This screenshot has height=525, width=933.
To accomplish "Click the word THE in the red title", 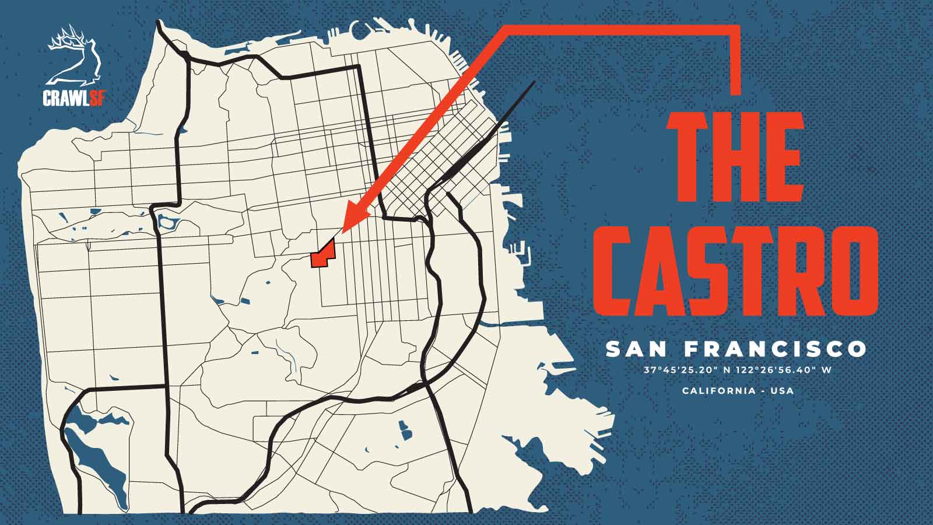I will pos(736,156).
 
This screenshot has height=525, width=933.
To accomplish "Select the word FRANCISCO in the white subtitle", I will pos(775,349).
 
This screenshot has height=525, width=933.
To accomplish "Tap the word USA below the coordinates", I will pos(782,390).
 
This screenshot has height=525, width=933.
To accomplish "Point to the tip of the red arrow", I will pos(342,232).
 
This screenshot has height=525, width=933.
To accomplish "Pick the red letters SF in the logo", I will pos(97,98).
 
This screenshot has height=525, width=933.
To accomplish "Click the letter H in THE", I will pos(736,156).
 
